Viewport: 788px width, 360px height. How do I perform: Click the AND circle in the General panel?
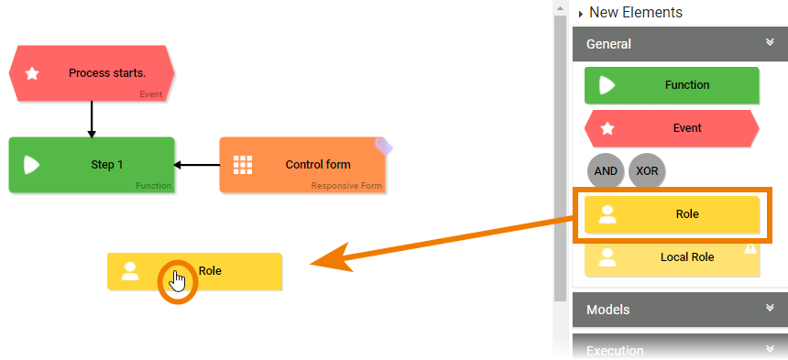pyautogui.click(x=606, y=171)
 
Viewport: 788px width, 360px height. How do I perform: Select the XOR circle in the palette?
pyautogui.click(x=647, y=171)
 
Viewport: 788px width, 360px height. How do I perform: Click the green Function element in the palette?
pyautogui.click(x=672, y=85)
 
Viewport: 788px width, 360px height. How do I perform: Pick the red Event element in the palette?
pyautogui.click(x=672, y=128)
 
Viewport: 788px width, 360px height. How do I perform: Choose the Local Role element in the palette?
pyautogui.click(x=672, y=257)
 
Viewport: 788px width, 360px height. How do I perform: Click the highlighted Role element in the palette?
pyautogui.click(x=672, y=214)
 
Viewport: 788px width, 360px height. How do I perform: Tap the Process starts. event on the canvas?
pyautogui.click(x=92, y=73)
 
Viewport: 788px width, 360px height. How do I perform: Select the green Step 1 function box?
pyautogui.click(x=92, y=165)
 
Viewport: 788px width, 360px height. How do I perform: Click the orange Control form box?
pyautogui.click(x=302, y=165)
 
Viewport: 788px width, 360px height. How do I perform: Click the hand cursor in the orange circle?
pyautogui.click(x=178, y=280)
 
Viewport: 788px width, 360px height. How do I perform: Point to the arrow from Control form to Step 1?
pyautogui.click(x=196, y=165)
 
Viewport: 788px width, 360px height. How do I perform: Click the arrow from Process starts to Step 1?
pyautogui.click(x=92, y=119)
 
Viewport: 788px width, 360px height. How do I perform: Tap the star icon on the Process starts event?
pyautogui.click(x=31, y=73)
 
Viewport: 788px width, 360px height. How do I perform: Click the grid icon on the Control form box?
pyautogui.click(x=243, y=165)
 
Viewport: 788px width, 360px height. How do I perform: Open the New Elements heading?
pyautogui.click(x=635, y=13)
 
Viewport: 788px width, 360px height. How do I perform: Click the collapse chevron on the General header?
pyautogui.click(x=771, y=42)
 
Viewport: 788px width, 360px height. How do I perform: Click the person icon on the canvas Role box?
pyautogui.click(x=130, y=271)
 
